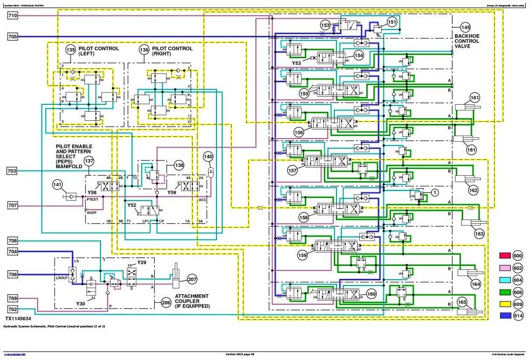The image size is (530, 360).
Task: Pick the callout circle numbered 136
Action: (x=144, y=50)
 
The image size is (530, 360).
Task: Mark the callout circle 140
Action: (x=208, y=156)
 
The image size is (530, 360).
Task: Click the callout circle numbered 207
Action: (x=192, y=279)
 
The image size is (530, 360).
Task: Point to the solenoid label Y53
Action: (x=296, y=62)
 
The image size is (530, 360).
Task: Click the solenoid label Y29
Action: (x=141, y=263)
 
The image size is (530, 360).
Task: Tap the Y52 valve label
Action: (x=131, y=205)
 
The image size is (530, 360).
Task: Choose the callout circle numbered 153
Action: (x=326, y=25)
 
